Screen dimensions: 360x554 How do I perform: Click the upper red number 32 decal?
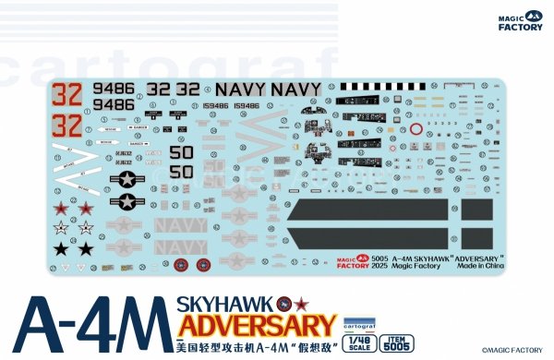[x=66, y=94]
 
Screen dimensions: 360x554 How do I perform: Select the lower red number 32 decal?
[x=66, y=124]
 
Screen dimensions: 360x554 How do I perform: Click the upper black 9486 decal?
[x=114, y=90]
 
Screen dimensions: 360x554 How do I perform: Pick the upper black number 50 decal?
[x=182, y=152]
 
